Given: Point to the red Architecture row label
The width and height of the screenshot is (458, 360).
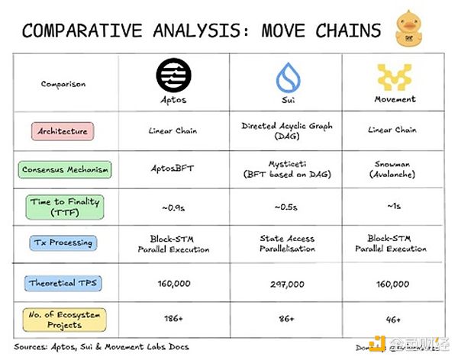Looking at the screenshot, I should tap(63, 130).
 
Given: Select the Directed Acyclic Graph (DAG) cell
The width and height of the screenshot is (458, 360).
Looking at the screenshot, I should tap(288, 130).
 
